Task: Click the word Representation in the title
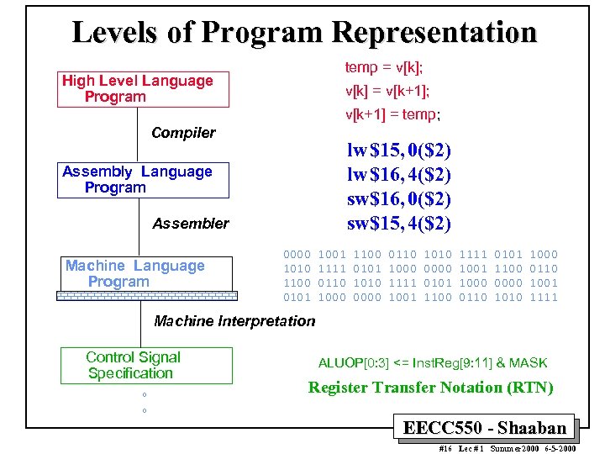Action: (434, 32)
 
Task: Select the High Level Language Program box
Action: (142, 89)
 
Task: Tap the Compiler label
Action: (183, 133)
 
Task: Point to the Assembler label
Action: (190, 224)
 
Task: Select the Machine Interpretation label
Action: (234, 320)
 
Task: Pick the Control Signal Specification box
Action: (146, 366)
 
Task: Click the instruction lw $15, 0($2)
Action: (399, 151)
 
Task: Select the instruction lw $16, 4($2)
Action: (399, 176)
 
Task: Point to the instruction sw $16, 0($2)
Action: (399, 200)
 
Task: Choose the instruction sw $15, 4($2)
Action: (399, 224)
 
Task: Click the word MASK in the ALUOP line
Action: (528, 363)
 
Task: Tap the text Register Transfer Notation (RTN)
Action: (430, 388)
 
